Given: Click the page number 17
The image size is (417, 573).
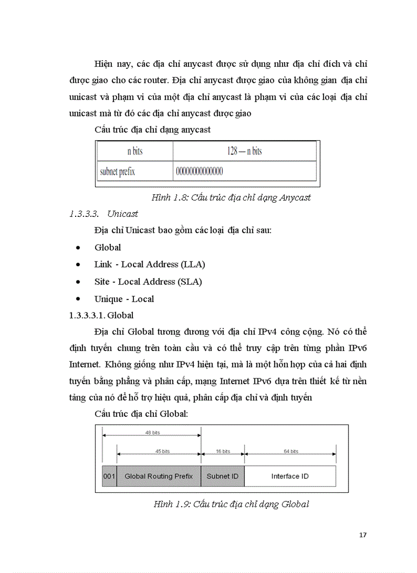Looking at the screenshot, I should pyautogui.click(x=363, y=535).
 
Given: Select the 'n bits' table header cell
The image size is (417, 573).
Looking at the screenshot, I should pyautogui.click(x=135, y=151).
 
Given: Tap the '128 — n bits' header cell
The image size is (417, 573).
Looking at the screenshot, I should pyautogui.click(x=244, y=151).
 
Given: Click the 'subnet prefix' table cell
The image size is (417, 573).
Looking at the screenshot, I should pyautogui.click(x=118, y=171).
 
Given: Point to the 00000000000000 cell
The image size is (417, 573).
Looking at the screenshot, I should pyautogui.click(x=199, y=171).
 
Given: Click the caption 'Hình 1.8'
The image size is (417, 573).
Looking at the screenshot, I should pyautogui.click(x=231, y=197).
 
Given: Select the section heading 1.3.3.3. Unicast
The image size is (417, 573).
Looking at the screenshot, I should pyautogui.click(x=104, y=214).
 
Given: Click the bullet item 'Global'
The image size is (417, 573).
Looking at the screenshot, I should pyautogui.click(x=108, y=247).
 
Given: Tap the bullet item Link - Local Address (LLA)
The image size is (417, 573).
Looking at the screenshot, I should pyautogui.click(x=150, y=264).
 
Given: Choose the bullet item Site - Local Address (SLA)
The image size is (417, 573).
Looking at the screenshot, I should pyautogui.click(x=148, y=282).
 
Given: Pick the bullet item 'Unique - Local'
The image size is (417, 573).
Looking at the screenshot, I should pyautogui.click(x=124, y=299).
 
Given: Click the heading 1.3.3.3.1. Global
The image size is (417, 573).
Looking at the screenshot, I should pyautogui.click(x=101, y=315).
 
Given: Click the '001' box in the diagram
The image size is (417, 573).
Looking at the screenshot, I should pyautogui.click(x=109, y=476).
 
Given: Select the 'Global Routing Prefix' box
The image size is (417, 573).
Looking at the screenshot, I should pyautogui.click(x=159, y=476).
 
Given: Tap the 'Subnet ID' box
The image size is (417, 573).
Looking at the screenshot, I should pyautogui.click(x=222, y=476).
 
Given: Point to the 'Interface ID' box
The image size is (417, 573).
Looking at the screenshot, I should pyautogui.click(x=290, y=476).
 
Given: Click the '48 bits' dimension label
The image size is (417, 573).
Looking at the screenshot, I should pyautogui.click(x=152, y=433).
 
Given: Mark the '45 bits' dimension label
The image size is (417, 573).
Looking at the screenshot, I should pyautogui.click(x=159, y=451).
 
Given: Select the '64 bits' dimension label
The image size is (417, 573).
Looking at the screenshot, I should pyautogui.click(x=291, y=451).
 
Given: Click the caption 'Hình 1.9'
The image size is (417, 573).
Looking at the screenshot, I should pyautogui.click(x=231, y=504).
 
